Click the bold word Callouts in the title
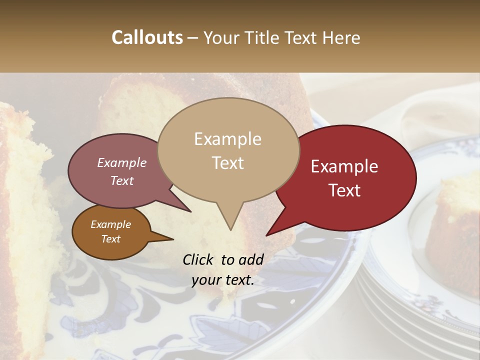[x=147, y=37]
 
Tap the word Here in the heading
[x=341, y=37]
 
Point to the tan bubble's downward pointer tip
[x=230, y=229]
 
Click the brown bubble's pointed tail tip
[x=173, y=239]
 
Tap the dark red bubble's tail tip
[x=267, y=235]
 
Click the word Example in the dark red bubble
[x=344, y=166]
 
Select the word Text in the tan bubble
[x=228, y=163]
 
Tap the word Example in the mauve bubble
[x=121, y=162]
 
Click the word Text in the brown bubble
[x=110, y=239]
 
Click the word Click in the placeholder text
[x=199, y=259]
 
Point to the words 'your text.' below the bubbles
[x=223, y=280]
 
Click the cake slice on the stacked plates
[x=452, y=225]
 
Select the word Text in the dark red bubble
[x=345, y=190]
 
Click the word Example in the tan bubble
[x=227, y=139]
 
